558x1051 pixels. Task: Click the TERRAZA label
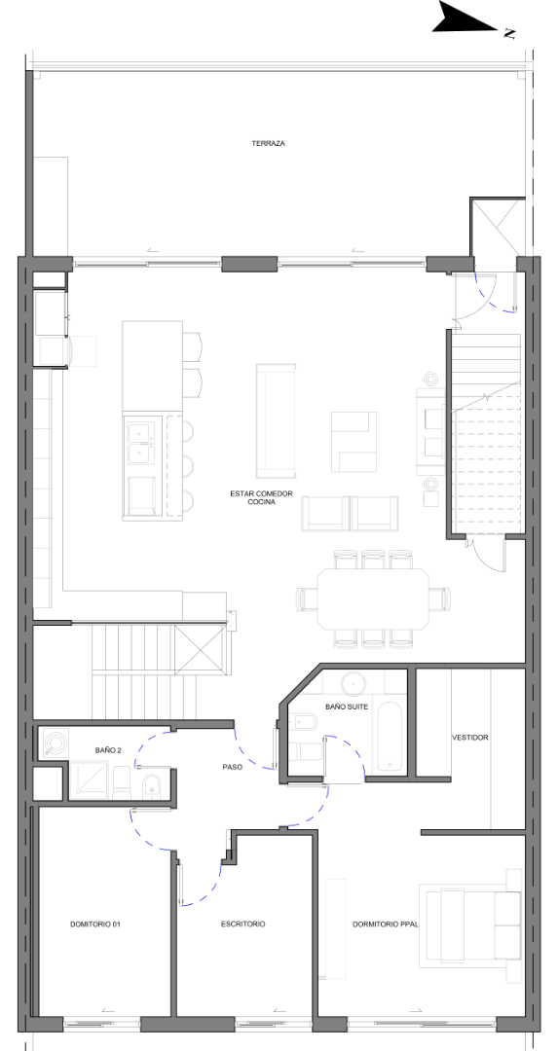click(x=268, y=143)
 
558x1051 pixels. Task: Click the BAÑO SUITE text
click(x=346, y=707)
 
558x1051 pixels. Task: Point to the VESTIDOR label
click(x=470, y=738)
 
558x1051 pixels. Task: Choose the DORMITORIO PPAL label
click(x=386, y=924)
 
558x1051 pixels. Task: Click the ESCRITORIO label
click(x=242, y=924)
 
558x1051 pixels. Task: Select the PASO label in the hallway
click(x=232, y=768)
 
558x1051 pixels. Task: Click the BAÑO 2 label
click(x=108, y=750)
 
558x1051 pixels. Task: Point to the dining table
click(x=373, y=598)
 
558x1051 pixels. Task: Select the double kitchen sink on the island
click(x=141, y=443)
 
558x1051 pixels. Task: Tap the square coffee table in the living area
click(x=353, y=442)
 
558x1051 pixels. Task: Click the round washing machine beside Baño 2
click(x=55, y=743)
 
